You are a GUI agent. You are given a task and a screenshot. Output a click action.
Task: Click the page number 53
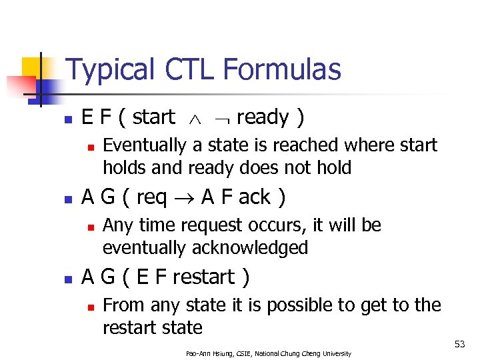459,344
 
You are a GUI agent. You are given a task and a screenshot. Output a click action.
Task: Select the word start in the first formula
153,117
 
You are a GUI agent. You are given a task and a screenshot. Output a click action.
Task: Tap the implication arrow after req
189,198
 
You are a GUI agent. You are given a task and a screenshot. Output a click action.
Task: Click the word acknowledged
250,248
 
